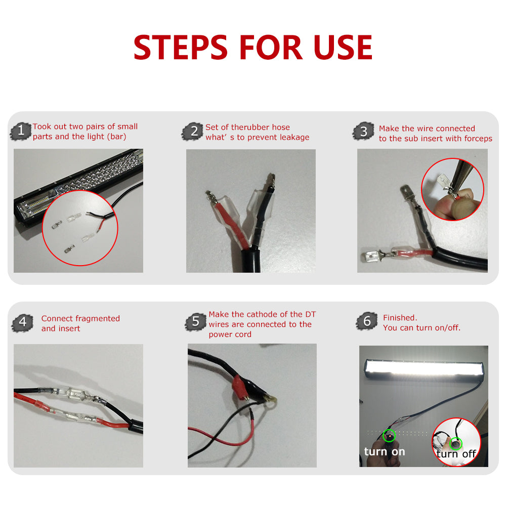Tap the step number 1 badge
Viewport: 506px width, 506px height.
click(x=21, y=131)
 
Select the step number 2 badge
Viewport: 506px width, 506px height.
click(x=193, y=132)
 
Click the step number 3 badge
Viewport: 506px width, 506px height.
click(x=363, y=132)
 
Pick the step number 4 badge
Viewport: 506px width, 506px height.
click(x=22, y=322)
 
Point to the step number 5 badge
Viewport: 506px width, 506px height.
click(x=195, y=321)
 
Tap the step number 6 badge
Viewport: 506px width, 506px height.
click(x=367, y=321)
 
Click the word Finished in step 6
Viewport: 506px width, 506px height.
click(x=400, y=318)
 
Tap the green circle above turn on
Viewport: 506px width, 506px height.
click(x=389, y=435)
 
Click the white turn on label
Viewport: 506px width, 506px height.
click(x=385, y=452)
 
